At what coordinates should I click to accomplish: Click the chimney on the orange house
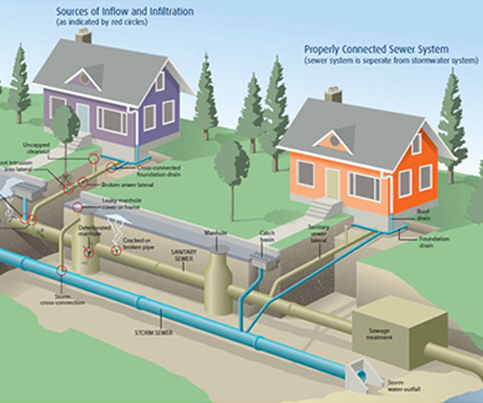click(x=333, y=94)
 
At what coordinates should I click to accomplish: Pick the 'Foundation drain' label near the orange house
click(x=433, y=243)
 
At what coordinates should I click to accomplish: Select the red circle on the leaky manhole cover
click(x=77, y=207)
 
